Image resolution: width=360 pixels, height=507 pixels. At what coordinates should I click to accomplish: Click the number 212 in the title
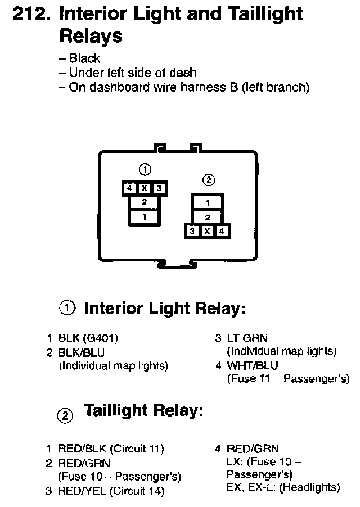pos(29,13)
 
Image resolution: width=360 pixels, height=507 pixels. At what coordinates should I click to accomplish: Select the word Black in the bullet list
pos(84,58)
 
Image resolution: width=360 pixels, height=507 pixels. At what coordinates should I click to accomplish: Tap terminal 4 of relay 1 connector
pos(129,188)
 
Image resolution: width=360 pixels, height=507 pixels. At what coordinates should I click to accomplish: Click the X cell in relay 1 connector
pos(144,188)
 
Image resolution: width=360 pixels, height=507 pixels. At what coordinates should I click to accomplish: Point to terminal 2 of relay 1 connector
pos(144,202)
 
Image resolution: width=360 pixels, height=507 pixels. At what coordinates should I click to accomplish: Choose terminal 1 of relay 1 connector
pos(144,216)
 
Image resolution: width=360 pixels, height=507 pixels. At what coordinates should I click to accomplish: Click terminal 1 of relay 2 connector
pos(208,202)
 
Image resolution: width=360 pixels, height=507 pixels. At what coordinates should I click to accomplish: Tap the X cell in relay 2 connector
pos(208,230)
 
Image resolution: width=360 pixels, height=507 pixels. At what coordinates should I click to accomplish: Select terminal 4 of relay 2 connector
pos(222,230)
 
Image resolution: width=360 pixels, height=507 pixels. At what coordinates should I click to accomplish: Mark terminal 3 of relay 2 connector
pos(193,230)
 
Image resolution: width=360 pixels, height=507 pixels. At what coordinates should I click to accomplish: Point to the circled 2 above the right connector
pos(208,180)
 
